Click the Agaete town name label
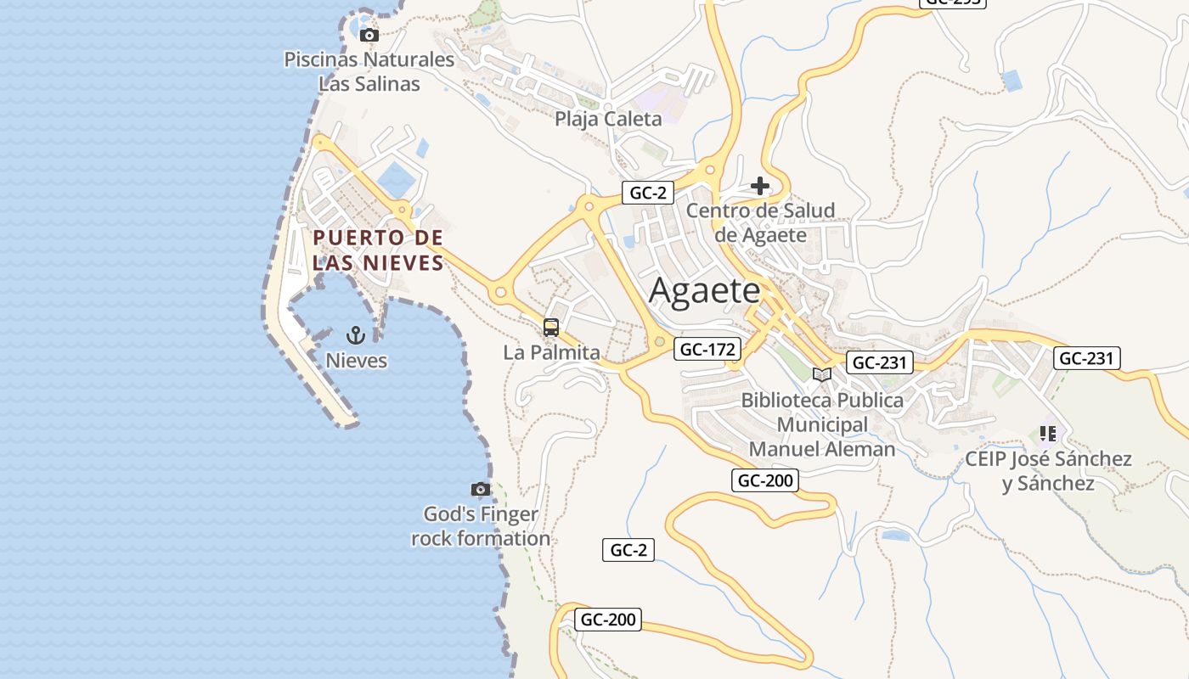pos(705,291)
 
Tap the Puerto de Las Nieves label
pos(378,250)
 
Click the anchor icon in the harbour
pos(357,335)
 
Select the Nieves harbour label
pos(357,361)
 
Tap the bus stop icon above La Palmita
pos(551,327)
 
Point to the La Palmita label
pos(551,352)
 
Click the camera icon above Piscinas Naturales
pos(369,35)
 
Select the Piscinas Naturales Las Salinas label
pos(369,72)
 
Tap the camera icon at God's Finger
pos(481,489)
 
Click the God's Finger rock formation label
pos(481,526)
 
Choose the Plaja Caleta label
pos(608,119)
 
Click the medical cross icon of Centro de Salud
pos(760,186)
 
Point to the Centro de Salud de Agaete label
pos(760,222)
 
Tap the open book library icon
pos(821,374)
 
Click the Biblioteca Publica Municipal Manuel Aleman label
pos(822,424)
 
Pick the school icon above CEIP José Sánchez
pos(1048,434)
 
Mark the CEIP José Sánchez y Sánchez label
pos(1048,471)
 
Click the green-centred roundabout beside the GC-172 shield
pos(659,342)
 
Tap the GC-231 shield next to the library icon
pos(880,363)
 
